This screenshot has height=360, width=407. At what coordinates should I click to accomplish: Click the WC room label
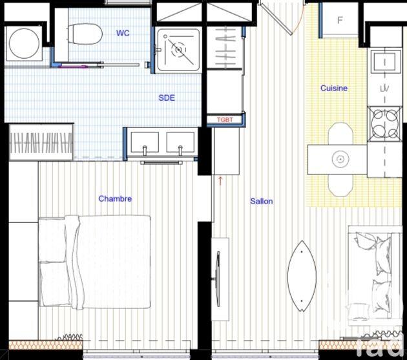[x=122, y=33]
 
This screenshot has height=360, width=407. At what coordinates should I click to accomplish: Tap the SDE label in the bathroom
[x=167, y=98]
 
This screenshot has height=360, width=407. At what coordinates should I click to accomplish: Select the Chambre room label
[x=115, y=198]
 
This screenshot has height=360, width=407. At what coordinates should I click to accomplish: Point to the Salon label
[x=262, y=201]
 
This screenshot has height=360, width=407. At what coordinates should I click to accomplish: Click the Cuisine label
[x=334, y=88]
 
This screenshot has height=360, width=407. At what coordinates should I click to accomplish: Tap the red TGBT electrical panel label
[x=225, y=120]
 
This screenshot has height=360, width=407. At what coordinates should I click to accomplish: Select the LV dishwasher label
[x=385, y=88]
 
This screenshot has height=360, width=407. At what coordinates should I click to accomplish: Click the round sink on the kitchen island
[x=339, y=158]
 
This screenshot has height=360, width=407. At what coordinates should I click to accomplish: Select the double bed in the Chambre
[x=96, y=262]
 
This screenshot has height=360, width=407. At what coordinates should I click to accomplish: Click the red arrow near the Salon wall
[x=220, y=180]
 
